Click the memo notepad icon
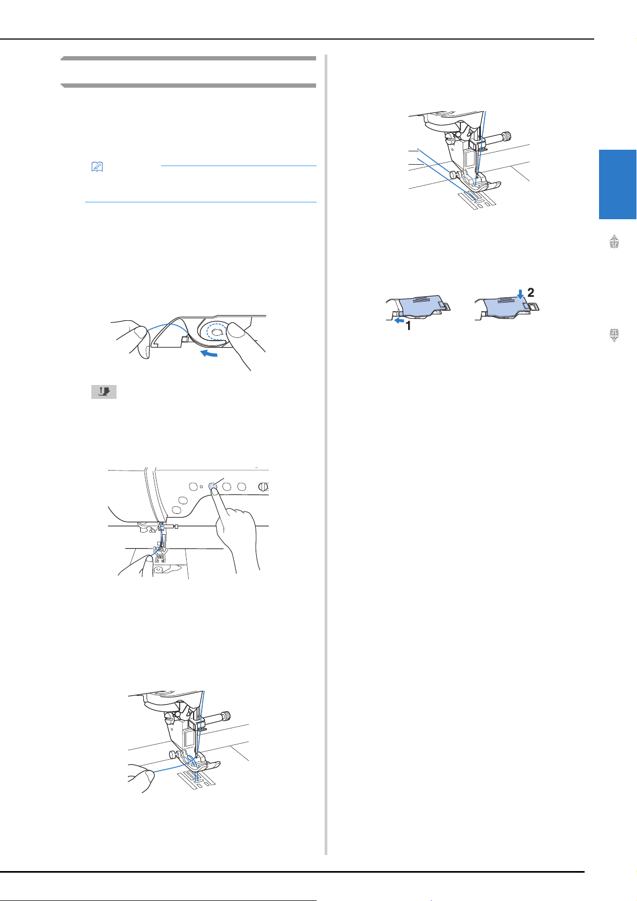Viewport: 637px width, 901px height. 97,166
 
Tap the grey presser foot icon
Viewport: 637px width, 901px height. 104,392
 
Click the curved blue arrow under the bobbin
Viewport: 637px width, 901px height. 209,353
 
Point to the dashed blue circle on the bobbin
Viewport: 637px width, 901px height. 217,332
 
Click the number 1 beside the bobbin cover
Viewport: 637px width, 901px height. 409,326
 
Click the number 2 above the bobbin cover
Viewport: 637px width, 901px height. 531,292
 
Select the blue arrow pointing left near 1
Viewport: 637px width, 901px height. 399,321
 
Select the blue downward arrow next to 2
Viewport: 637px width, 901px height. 521,295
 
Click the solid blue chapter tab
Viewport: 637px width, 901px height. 618,184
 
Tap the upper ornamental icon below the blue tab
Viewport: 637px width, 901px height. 615,242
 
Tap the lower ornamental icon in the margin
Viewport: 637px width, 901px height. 615,335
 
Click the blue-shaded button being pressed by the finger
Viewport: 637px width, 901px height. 213,486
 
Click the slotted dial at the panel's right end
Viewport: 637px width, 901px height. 263,487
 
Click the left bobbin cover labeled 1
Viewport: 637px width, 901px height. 418,308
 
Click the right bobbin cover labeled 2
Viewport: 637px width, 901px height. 507,307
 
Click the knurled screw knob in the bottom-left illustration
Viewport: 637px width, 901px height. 227,716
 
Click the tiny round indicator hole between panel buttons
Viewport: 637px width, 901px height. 201,487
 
